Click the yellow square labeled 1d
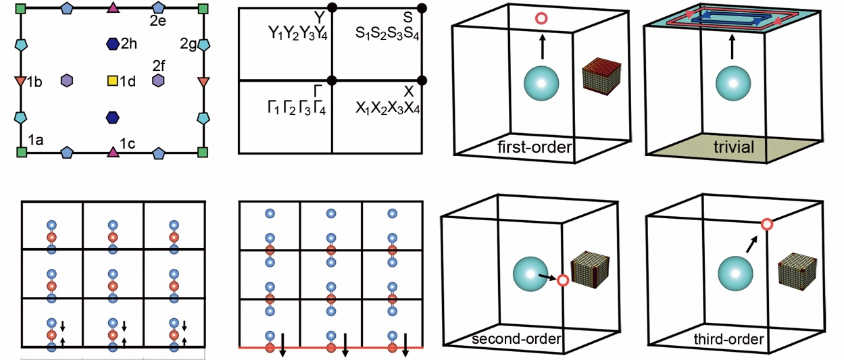pos(112,81)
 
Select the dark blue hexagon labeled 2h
pos(112,44)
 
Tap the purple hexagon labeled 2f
pos(159,81)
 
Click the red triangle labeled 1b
pos(20,82)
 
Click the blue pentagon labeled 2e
pos(159,9)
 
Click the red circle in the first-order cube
pos(541,19)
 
